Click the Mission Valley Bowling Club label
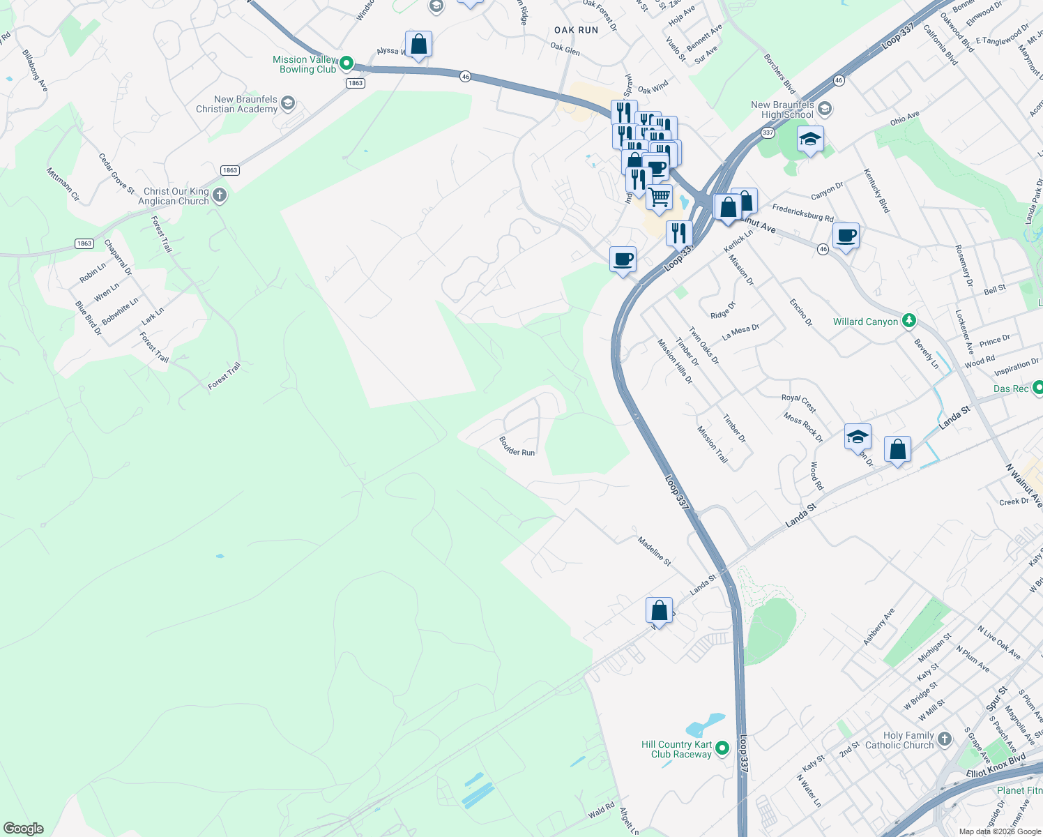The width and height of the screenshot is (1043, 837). click(305, 64)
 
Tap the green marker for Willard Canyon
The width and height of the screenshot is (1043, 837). click(908, 321)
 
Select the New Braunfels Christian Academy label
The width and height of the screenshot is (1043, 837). click(236, 104)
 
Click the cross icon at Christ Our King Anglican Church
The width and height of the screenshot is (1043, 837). click(220, 195)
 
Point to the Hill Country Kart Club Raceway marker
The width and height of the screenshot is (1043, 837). click(722, 748)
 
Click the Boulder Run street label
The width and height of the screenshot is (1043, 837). click(517, 447)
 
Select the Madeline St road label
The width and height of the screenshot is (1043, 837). click(654, 550)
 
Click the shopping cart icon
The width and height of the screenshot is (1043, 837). click(659, 197)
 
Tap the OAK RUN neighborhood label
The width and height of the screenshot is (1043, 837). click(576, 30)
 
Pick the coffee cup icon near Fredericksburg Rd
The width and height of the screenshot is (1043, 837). click(846, 235)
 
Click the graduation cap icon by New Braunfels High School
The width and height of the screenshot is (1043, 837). click(809, 139)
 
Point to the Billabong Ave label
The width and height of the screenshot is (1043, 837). click(35, 70)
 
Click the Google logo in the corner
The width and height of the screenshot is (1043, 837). click(24, 828)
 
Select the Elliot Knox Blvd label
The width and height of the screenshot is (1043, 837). click(996, 766)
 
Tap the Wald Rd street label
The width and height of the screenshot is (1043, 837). click(601, 810)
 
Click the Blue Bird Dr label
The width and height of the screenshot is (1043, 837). click(89, 318)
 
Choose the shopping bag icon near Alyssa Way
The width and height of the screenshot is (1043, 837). click(418, 45)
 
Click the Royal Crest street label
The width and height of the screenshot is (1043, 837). click(798, 402)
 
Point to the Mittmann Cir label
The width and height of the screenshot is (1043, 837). click(63, 184)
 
